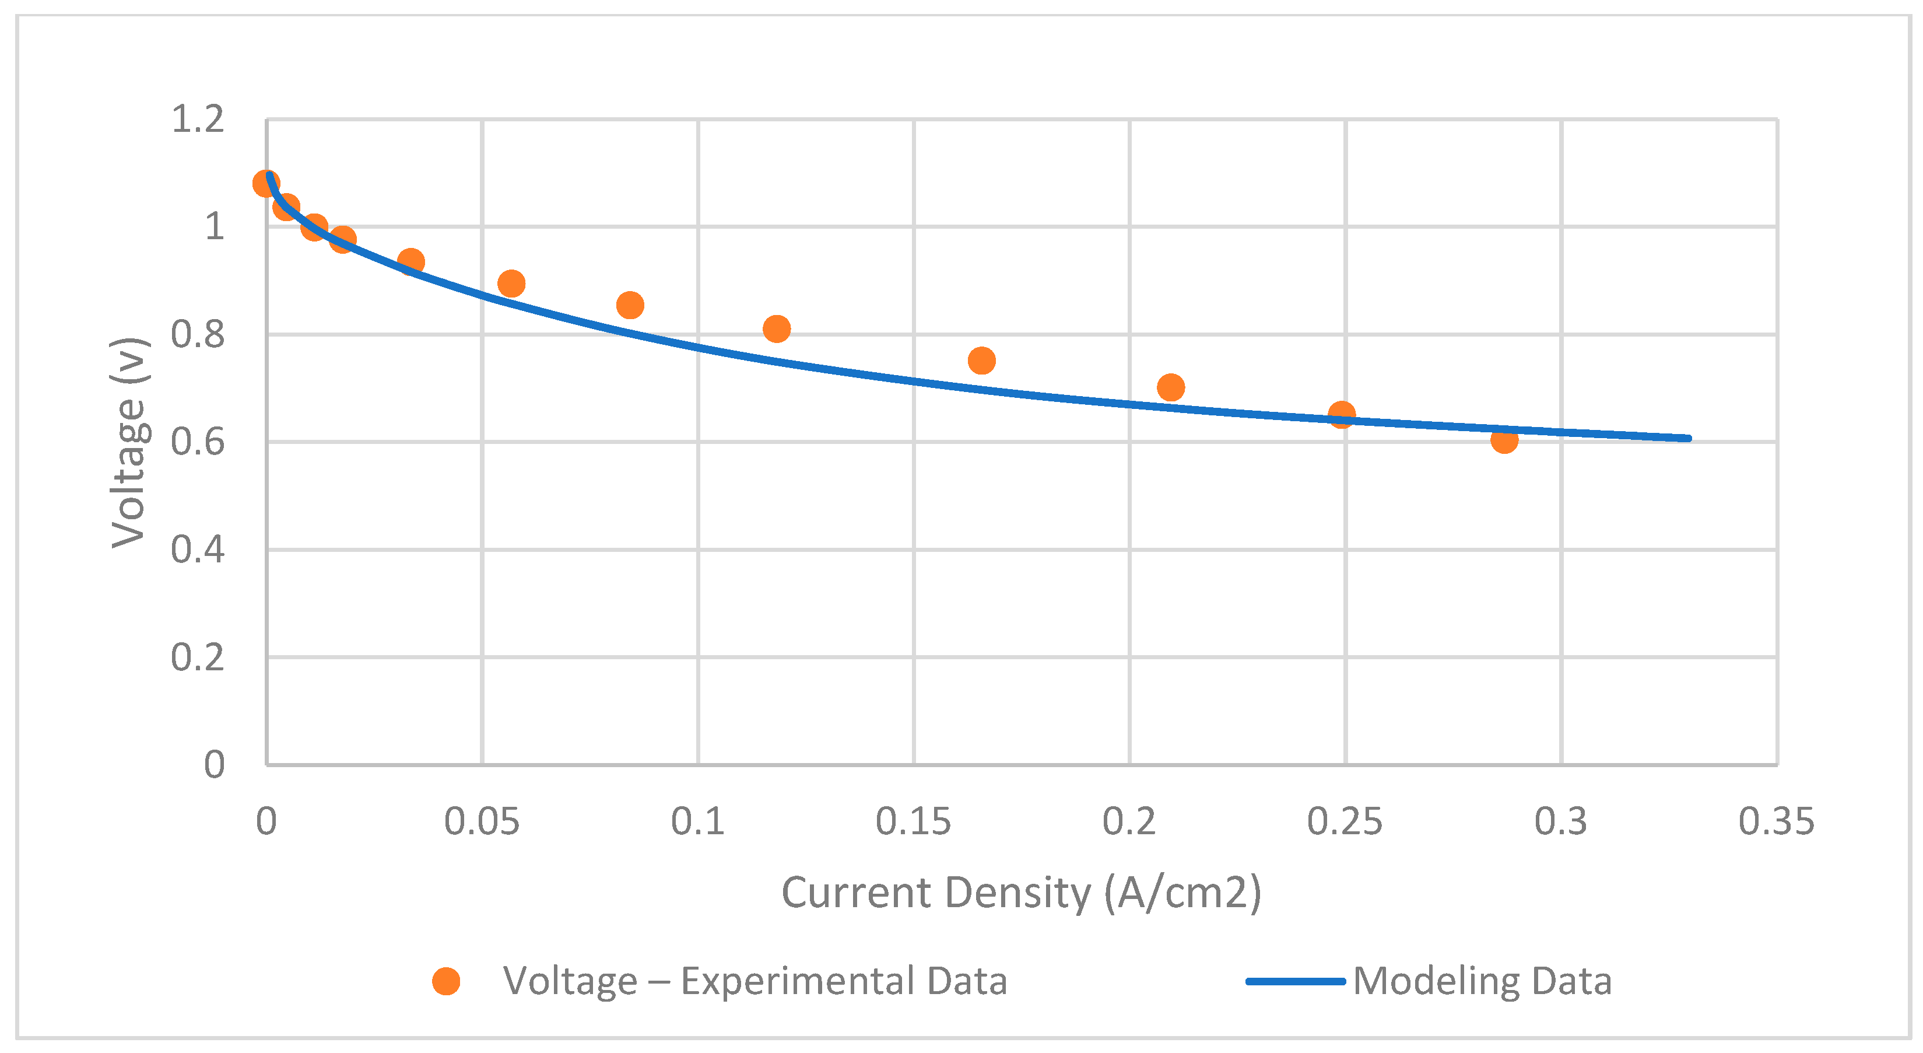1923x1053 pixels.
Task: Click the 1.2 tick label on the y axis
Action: [197, 120]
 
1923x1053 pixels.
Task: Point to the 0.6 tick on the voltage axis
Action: [197, 442]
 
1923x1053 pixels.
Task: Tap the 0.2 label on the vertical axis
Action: [197, 658]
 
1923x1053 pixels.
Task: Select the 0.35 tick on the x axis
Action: [1776, 821]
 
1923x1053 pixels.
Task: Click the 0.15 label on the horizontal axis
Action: [913, 821]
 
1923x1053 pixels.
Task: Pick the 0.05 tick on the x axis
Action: [482, 821]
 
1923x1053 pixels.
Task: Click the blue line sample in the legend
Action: [1295, 981]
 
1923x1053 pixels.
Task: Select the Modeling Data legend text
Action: [1482, 981]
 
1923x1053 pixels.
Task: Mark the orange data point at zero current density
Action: [266, 183]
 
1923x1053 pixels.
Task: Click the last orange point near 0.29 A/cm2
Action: [1504, 440]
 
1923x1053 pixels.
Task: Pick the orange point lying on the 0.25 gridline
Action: [1342, 414]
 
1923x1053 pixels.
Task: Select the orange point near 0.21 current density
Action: [1170, 387]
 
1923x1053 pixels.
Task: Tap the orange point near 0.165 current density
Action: [982, 361]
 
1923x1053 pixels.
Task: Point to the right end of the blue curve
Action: [1688, 438]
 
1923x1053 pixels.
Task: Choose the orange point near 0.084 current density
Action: [630, 305]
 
